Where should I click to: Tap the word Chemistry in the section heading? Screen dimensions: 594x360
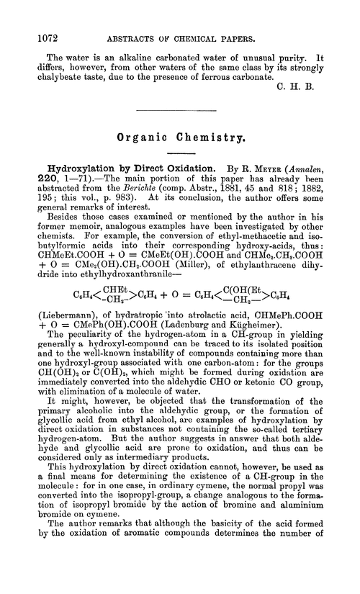[215, 135]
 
